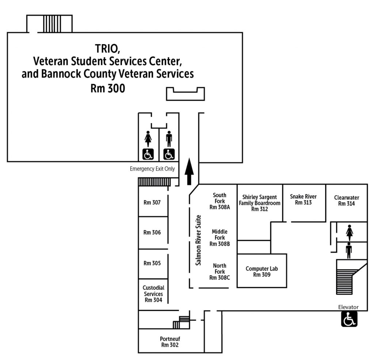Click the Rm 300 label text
pos(108,88)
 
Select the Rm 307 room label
pos(152,202)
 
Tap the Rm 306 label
pos(152,233)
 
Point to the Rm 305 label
pos(152,263)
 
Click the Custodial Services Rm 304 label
pos(153,294)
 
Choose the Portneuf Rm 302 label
pos(170,342)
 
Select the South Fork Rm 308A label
pos(220,201)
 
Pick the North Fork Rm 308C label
pos(220,272)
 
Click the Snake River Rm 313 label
pos(303,199)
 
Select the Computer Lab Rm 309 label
pos(262,272)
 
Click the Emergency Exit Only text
pos(152,169)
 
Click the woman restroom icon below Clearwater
pos(349,232)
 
